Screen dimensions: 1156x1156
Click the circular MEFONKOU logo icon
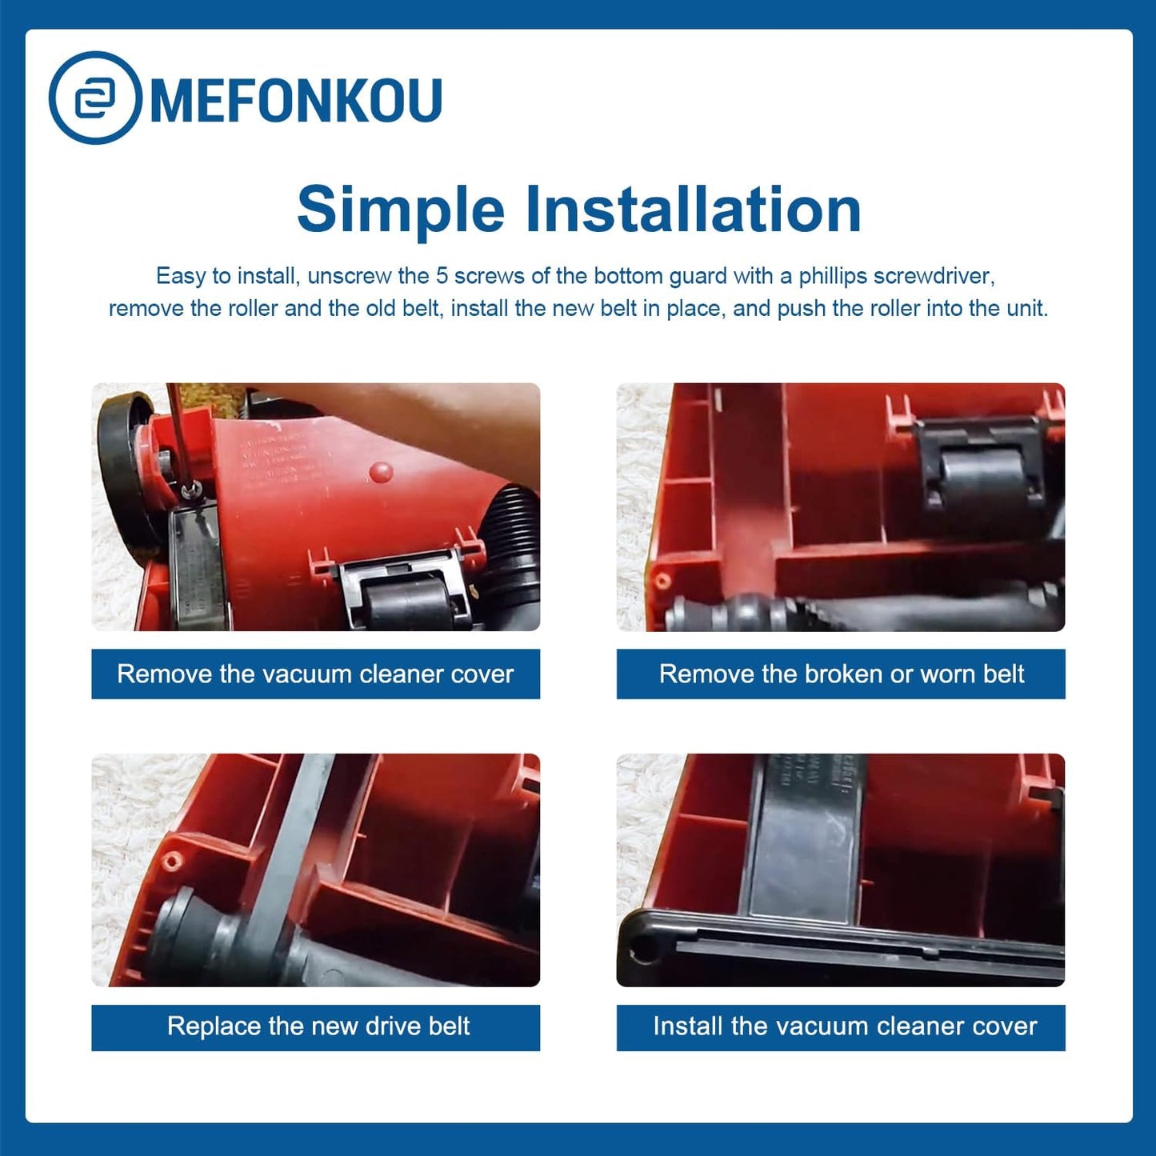[x=95, y=98]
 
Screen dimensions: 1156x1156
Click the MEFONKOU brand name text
[x=296, y=101]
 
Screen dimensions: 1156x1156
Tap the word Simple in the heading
[x=400, y=210]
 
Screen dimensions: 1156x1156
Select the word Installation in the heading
[x=693, y=210]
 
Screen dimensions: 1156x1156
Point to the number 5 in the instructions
[x=442, y=276]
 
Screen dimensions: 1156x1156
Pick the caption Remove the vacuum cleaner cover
[x=315, y=674]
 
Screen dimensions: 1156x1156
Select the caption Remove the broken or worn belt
[x=841, y=674]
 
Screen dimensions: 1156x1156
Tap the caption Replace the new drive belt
[x=318, y=1026]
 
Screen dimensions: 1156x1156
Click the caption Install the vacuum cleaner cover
[x=844, y=1026]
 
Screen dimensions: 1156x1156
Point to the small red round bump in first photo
[x=382, y=472]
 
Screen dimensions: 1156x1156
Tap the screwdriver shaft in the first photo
[x=177, y=432]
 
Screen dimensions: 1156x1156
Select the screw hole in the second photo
[x=661, y=578]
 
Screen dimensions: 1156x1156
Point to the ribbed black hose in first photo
[x=517, y=512]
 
